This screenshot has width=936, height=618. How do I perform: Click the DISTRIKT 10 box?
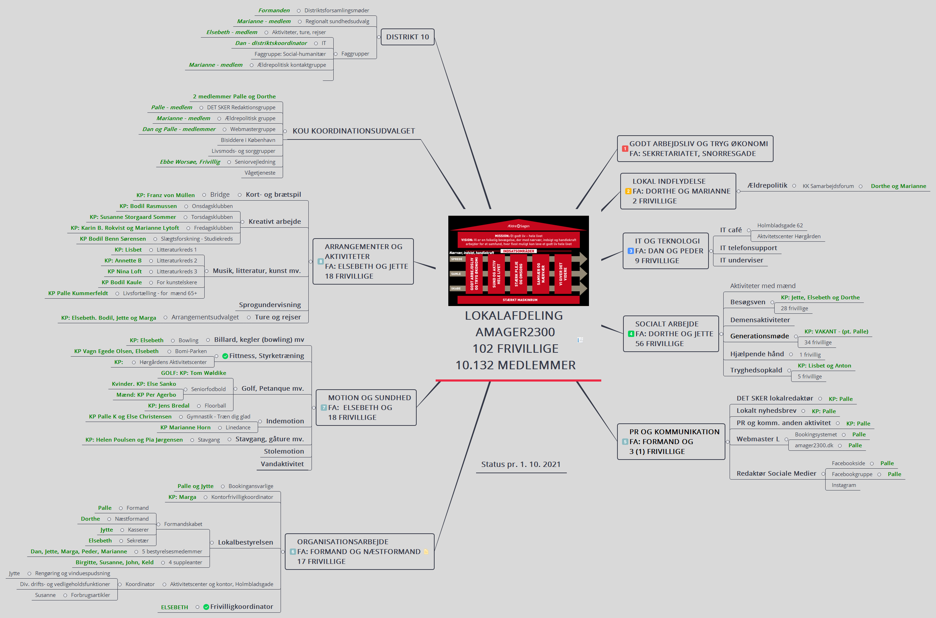pos(407,37)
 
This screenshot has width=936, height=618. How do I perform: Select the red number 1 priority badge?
pos(625,149)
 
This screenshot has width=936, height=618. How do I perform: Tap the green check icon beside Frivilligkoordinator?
pos(206,607)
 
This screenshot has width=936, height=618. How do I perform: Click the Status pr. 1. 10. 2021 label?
pos(521,464)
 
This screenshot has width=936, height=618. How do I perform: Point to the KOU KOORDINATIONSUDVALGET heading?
pos(353,131)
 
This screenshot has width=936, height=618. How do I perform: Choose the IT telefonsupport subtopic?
pos(748,248)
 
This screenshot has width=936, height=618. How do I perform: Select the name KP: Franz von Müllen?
pos(165,195)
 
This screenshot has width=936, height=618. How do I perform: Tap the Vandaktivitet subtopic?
pos(282,464)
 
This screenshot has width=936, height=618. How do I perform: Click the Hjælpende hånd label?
pos(757,354)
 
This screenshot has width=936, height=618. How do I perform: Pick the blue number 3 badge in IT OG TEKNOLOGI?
pos(630,251)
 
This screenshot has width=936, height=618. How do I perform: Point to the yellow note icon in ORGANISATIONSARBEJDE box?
pos(426,552)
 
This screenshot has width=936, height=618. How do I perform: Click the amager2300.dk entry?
pos(814,445)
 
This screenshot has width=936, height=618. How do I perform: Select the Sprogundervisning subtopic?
pos(270,305)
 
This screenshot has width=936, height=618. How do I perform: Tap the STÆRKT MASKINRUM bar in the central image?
pos(519,300)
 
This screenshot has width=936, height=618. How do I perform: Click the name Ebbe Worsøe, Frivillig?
pos(190,162)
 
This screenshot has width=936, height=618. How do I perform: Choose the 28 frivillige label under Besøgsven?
pos(794,308)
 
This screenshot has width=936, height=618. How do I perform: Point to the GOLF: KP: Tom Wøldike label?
pos(193,373)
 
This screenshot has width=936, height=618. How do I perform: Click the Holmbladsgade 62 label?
pos(780,226)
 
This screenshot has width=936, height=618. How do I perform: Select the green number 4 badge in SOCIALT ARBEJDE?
pos(631,334)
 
